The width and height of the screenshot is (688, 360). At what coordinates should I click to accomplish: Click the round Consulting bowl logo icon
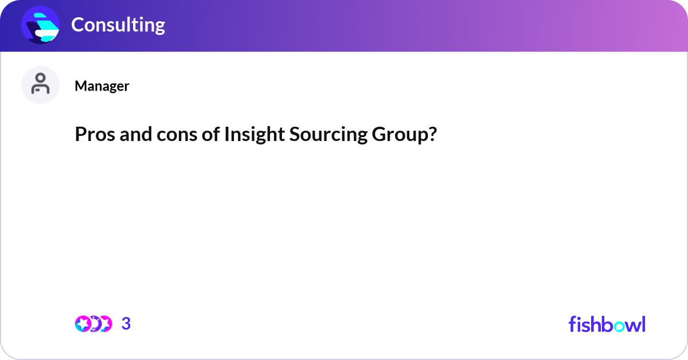[x=40, y=25]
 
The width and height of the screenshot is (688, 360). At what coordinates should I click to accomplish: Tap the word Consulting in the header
[x=118, y=25]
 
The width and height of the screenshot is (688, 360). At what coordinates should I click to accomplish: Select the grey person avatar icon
[x=40, y=85]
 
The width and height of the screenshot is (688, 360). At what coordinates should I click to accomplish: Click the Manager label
[x=101, y=86]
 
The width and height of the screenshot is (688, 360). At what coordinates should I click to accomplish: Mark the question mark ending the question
[x=431, y=134]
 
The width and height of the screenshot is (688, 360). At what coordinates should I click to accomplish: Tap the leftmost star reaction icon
[x=83, y=324]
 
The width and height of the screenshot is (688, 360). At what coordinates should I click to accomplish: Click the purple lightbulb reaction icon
[x=94, y=324]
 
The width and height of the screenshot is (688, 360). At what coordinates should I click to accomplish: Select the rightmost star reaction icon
[x=105, y=324]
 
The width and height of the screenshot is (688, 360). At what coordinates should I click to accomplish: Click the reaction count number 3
[x=126, y=324]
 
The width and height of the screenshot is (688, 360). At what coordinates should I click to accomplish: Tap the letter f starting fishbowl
[x=572, y=324]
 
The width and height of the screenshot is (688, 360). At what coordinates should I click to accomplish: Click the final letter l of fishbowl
[x=643, y=324]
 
